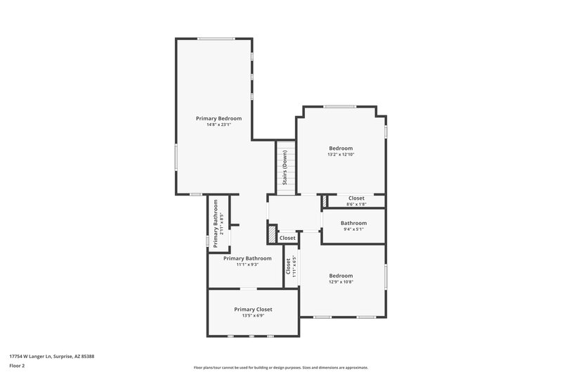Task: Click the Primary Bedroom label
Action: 218,118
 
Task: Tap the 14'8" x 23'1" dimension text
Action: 218,125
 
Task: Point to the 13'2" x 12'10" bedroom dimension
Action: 341,155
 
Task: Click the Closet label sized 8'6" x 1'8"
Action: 356,198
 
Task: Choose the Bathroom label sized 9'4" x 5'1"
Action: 353,222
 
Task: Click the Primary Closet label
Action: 253,310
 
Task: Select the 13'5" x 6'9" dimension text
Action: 253,316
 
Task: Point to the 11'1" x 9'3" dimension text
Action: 247,265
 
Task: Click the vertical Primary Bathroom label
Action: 216,223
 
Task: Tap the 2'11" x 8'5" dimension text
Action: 221,223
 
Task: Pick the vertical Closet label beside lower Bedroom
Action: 288,267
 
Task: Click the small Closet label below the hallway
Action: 287,239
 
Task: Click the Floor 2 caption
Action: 18,366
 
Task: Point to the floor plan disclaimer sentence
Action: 281,367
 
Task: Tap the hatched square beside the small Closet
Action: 272,233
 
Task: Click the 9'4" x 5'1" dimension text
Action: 353,229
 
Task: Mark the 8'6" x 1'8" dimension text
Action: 356,204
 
